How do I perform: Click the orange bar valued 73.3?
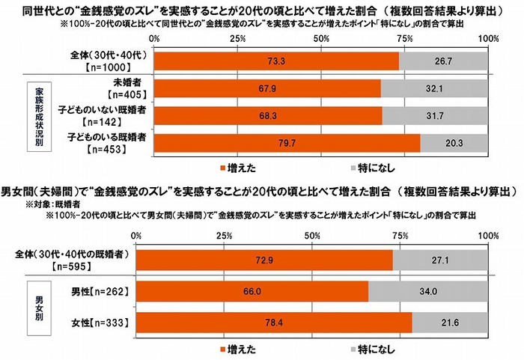(276, 60)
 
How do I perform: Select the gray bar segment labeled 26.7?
(443, 60)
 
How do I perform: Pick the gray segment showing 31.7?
(435, 115)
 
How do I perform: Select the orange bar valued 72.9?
(264, 260)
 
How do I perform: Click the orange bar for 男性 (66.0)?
(252, 292)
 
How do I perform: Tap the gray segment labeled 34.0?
(427, 292)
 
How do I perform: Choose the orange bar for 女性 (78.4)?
(274, 323)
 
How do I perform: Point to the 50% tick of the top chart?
(321, 38)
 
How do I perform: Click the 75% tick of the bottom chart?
(401, 237)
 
